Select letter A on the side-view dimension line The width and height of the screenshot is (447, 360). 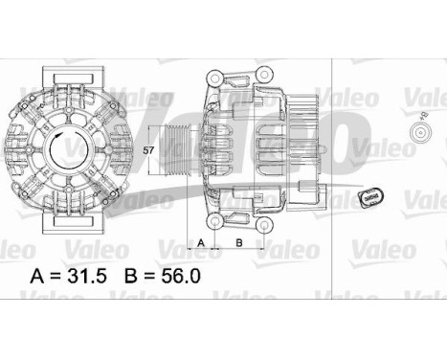(201, 243)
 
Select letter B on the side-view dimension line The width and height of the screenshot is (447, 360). (237, 243)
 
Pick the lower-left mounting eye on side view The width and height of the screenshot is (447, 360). (216, 222)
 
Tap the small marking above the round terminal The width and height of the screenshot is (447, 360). (423, 115)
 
